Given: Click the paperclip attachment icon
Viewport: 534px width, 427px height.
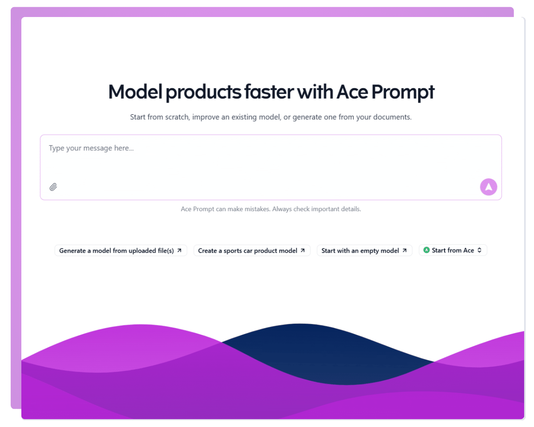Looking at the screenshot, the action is point(53,187).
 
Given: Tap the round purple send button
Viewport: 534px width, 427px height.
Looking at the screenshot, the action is point(489,187).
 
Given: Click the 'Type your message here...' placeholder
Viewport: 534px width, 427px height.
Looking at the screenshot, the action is point(91,148).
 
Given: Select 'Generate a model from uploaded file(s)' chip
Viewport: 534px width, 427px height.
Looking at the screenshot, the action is point(121,250).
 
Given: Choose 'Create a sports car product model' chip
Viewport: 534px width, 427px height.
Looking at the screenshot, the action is point(252,250).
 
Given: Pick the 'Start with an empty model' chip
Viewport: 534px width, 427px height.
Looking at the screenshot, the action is point(364,250).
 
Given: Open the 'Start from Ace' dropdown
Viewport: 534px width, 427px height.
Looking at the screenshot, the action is point(453,250).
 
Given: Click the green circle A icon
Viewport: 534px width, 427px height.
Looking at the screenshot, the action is point(426,250).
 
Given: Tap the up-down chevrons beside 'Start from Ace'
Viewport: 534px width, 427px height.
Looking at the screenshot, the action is point(479,250).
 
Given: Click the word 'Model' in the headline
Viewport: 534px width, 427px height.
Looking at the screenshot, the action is point(135,92).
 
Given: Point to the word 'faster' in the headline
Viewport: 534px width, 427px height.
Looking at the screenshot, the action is point(269,92).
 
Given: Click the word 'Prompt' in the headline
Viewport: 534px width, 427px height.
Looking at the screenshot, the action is point(403,92).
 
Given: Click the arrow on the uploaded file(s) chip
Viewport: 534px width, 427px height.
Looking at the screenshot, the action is point(179,250).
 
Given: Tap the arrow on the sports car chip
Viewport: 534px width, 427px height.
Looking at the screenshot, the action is point(303,250).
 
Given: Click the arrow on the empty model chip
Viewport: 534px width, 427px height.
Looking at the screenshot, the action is point(405,250).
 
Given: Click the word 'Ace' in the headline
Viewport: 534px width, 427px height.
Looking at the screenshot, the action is point(352,92).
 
